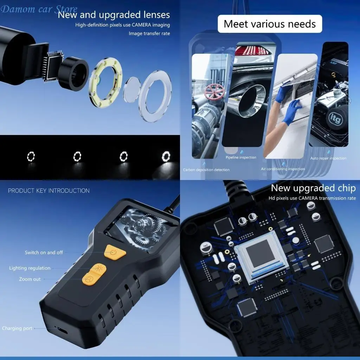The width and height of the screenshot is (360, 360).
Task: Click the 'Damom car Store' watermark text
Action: coord(39,9)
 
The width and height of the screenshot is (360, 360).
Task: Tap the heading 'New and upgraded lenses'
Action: coord(114,15)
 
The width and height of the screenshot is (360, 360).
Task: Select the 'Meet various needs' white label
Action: coord(270,24)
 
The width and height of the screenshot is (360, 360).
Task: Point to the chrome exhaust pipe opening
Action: coord(252,101)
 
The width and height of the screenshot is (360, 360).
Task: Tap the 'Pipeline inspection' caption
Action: coord(241,157)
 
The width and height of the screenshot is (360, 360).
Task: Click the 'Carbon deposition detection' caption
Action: coord(206,170)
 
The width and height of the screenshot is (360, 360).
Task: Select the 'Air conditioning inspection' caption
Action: coord(283,169)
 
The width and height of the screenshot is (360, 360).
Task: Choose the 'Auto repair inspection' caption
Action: coord(328,159)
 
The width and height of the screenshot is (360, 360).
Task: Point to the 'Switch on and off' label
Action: coord(44,252)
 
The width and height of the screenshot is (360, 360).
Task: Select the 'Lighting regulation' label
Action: coord(30,268)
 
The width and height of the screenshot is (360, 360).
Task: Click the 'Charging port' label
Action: coord(17,328)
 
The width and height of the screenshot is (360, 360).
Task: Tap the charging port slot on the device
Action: coord(62,331)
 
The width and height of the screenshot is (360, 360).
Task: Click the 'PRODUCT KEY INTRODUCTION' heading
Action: coord(49,191)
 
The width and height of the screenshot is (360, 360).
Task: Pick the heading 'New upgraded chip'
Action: coord(313,188)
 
